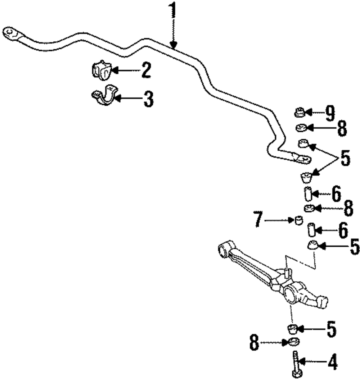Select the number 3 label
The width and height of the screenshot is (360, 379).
(148, 99)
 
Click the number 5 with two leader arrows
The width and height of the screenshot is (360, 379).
(345, 159)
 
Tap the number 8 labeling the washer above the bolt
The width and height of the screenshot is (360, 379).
(255, 343)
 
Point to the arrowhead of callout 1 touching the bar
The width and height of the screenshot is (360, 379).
(174, 46)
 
